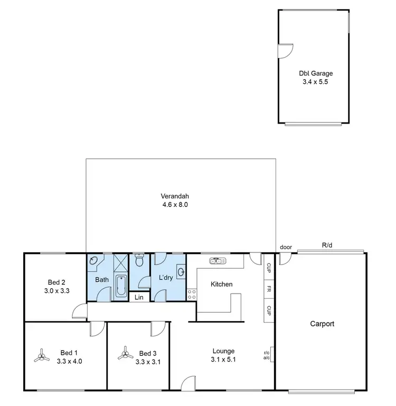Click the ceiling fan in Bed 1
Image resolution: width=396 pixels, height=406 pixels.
click(41, 357)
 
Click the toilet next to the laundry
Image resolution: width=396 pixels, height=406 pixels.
click(140, 260)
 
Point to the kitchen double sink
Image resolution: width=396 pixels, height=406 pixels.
click(217, 260)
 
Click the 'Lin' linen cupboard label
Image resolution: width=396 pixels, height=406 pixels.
click(139, 298)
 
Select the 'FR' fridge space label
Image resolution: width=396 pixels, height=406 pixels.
click(269, 289)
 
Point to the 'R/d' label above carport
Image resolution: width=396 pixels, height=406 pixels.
click(327, 245)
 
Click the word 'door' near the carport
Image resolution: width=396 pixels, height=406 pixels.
click(286, 247)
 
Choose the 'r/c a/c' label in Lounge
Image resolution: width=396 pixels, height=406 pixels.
click(267, 355)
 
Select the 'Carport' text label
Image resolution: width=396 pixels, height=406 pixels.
click(323, 324)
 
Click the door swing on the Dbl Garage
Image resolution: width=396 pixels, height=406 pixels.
click(285, 51)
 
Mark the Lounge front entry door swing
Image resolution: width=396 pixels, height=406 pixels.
click(188, 384)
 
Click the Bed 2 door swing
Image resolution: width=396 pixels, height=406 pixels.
click(80, 311)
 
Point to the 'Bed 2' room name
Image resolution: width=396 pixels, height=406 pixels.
click(56, 281)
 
